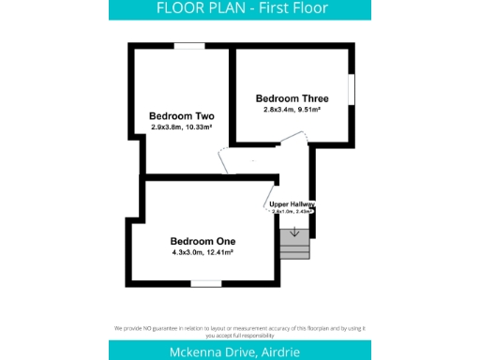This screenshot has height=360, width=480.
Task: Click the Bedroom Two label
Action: click(x=182, y=116)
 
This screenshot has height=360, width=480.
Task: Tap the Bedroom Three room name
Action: click(x=292, y=97)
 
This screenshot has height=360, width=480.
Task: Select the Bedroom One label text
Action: click(x=202, y=240)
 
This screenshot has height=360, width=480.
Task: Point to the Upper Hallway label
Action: click(x=292, y=203)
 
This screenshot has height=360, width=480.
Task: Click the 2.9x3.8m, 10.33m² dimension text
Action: click(x=182, y=127)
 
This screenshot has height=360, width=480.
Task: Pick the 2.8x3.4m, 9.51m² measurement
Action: click(x=292, y=109)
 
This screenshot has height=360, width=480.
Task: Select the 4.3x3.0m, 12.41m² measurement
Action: click(x=202, y=252)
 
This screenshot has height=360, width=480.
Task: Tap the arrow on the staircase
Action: click(x=294, y=231)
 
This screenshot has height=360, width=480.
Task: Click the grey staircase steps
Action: click(x=294, y=247)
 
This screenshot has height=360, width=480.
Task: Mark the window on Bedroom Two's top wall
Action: click(x=190, y=45)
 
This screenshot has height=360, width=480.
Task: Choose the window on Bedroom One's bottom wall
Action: click(x=205, y=282)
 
